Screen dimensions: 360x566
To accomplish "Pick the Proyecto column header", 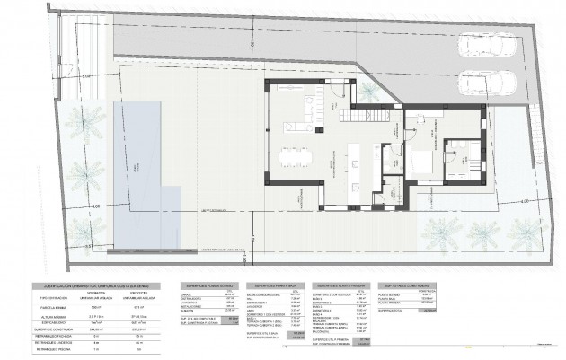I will coord(138,291).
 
